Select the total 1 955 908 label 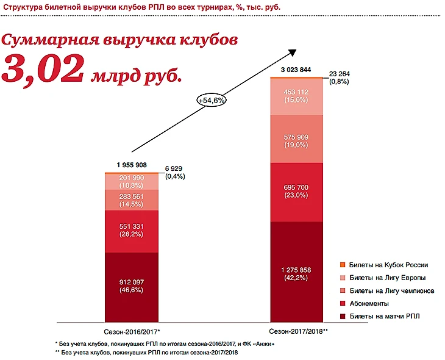[131, 165]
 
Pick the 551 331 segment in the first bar [131, 231]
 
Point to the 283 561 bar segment [131, 200]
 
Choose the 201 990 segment [131, 181]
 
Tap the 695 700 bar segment [296, 191]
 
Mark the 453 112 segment [296, 96]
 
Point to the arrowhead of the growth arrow [296, 53]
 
